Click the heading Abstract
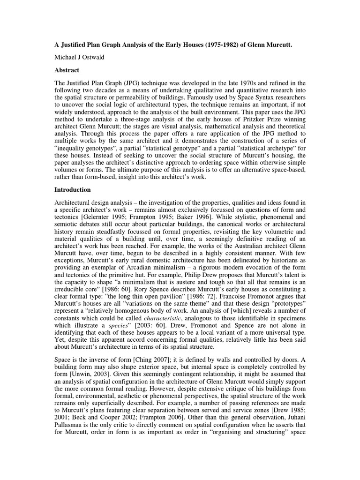(x=68, y=69)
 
